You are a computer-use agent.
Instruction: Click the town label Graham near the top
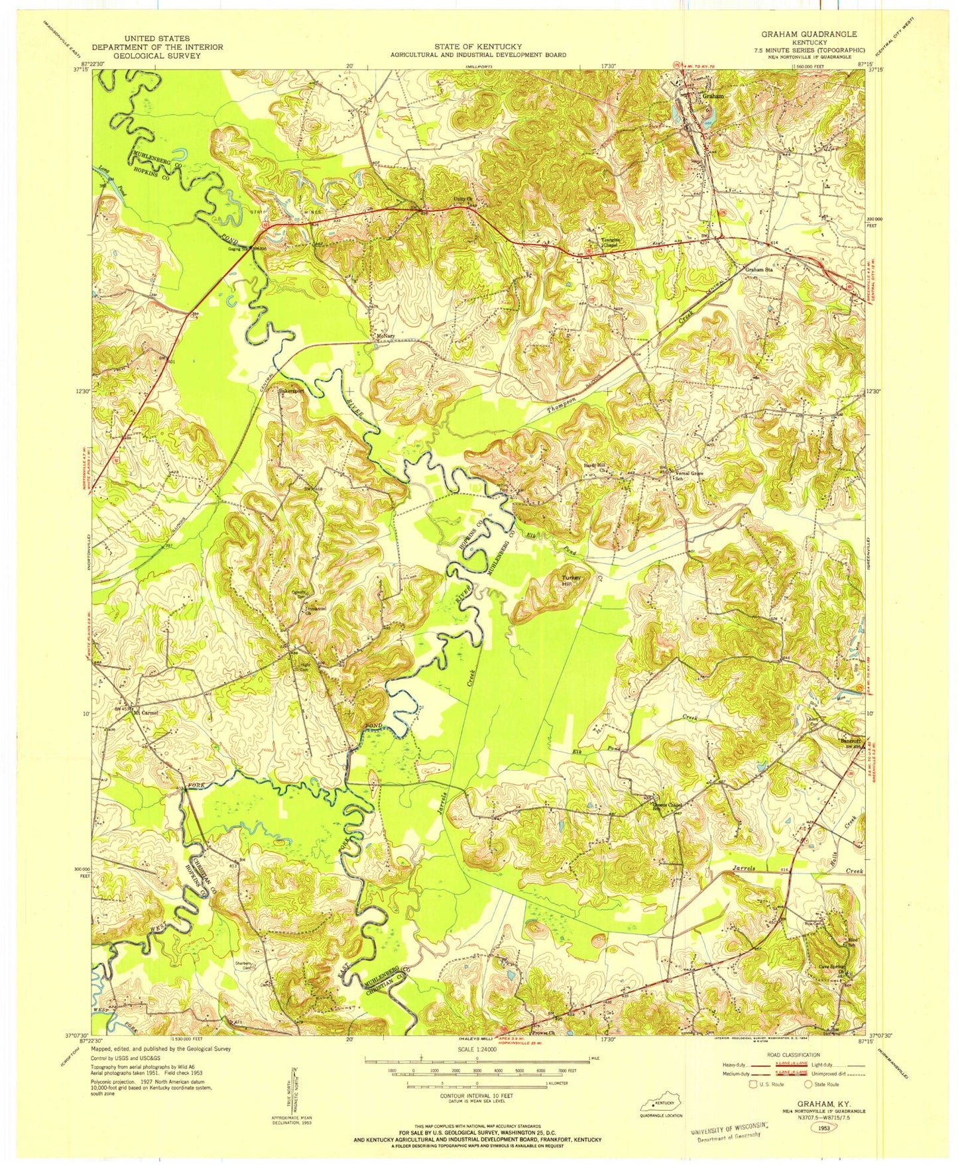tap(712, 95)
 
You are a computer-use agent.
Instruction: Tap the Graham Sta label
tap(759, 270)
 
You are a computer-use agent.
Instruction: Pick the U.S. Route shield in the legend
tap(752, 1085)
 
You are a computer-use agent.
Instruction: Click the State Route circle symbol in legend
tap(808, 1085)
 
